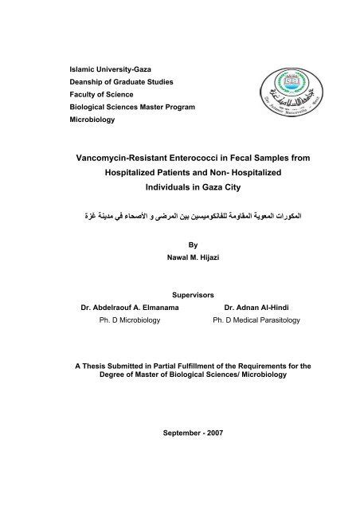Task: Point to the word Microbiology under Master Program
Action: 93,120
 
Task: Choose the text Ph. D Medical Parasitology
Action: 253,320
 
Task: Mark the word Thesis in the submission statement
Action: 94,365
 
